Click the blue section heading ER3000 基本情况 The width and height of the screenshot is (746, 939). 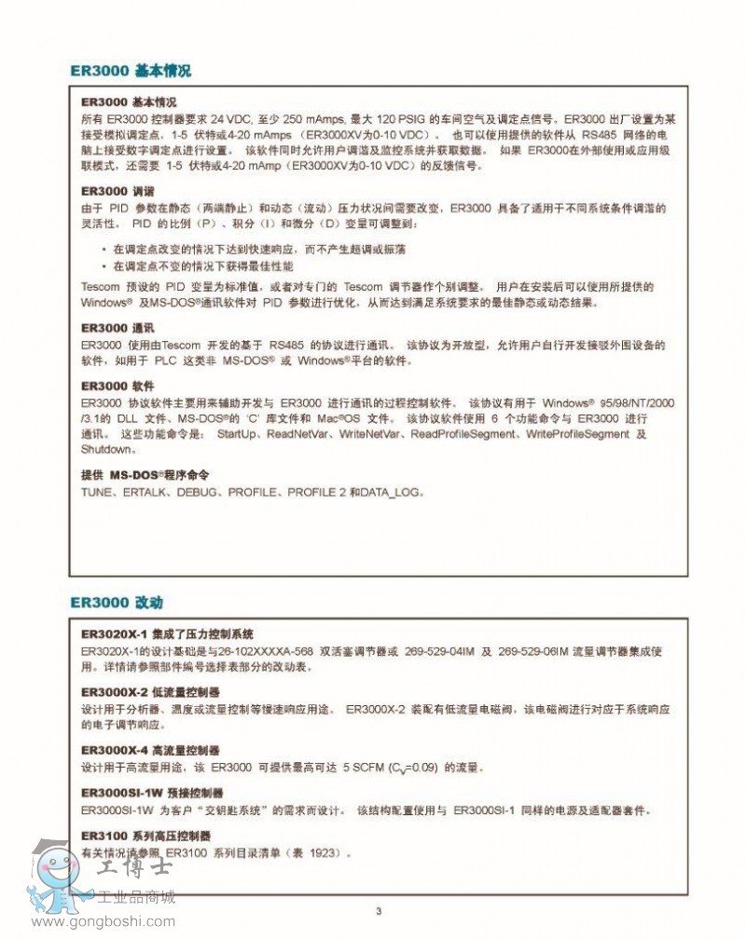click(131, 71)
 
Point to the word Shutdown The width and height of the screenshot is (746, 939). click(108, 449)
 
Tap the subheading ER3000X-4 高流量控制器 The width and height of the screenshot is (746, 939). click(150, 750)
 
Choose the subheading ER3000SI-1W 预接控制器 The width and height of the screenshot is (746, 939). click(155, 793)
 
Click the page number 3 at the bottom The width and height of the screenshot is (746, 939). click(379, 911)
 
